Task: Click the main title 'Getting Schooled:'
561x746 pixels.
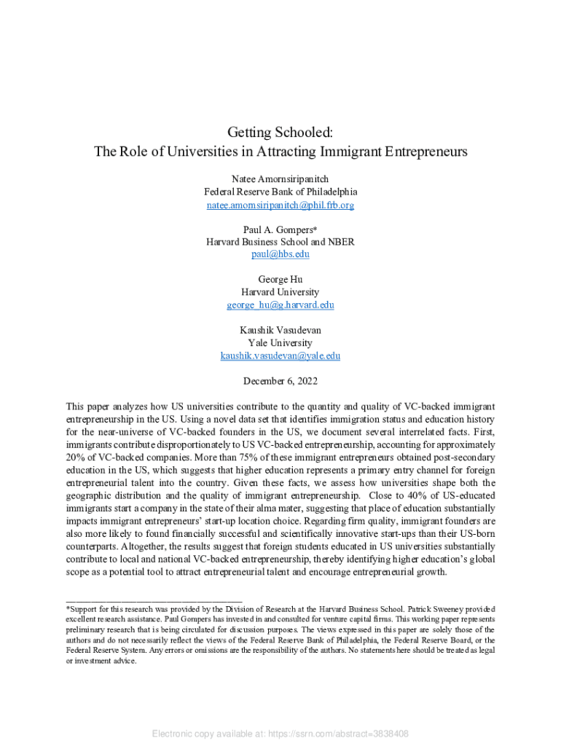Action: pos(280,133)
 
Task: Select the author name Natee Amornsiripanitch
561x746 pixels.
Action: pos(280,178)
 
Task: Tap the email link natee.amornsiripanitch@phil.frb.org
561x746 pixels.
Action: pos(280,205)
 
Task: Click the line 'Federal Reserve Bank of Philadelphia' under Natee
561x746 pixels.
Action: pos(280,192)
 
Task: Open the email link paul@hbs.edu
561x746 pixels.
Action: pos(280,254)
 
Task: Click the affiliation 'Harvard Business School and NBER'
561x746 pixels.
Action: pos(280,242)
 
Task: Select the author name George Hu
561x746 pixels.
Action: pos(280,280)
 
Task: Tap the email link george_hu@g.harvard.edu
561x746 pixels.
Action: pos(280,305)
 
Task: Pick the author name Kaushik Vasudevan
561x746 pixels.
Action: pos(280,330)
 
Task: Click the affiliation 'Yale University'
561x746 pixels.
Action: pos(280,343)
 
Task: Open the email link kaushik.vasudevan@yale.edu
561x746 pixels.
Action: pos(280,356)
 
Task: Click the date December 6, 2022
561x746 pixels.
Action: pos(280,381)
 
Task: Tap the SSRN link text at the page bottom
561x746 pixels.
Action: pos(280,734)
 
